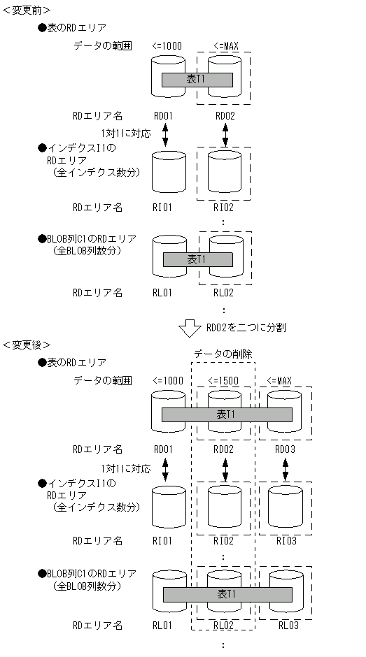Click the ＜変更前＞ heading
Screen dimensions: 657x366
(x=26, y=10)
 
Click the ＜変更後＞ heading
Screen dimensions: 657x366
(x=26, y=345)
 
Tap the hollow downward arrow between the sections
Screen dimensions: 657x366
(x=190, y=327)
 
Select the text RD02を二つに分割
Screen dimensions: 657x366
(x=244, y=327)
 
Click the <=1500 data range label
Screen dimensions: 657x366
(x=224, y=381)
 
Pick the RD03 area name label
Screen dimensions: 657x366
(x=285, y=449)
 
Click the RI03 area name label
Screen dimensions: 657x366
(x=285, y=540)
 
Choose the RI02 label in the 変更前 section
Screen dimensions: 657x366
(x=224, y=207)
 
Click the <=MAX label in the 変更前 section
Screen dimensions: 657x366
(x=224, y=46)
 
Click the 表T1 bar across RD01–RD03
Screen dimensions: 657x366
(x=227, y=414)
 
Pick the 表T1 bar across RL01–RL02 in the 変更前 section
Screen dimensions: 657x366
(x=197, y=259)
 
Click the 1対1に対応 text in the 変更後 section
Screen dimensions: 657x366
(x=125, y=469)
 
